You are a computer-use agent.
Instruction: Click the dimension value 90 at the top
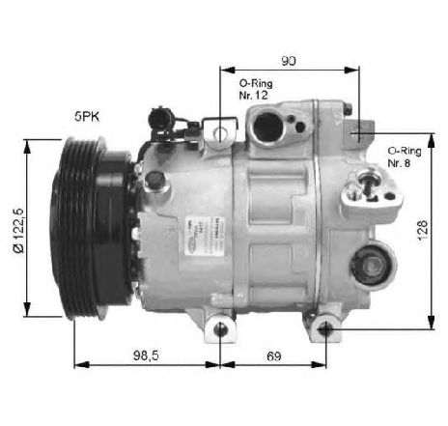tap(289, 61)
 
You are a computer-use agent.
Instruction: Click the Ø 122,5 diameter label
tap(16, 228)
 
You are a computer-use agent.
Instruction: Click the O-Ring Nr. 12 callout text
tap(255, 92)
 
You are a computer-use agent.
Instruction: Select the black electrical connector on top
tap(161, 121)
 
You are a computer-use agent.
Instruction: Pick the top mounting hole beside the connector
tap(221, 130)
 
